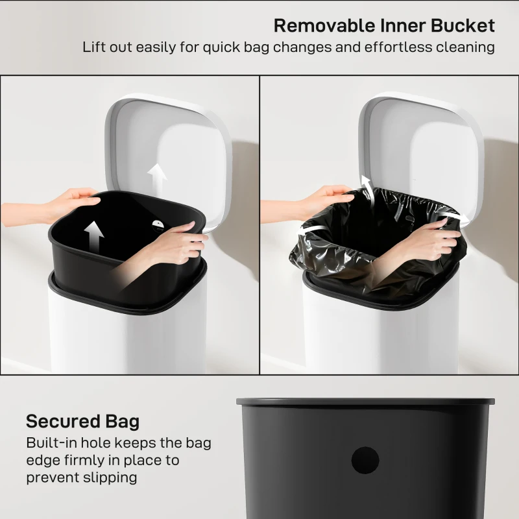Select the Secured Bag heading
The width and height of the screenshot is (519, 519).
[82, 422]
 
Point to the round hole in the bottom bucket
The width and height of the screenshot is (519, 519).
[365, 460]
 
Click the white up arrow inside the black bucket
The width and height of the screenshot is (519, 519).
[94, 238]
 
